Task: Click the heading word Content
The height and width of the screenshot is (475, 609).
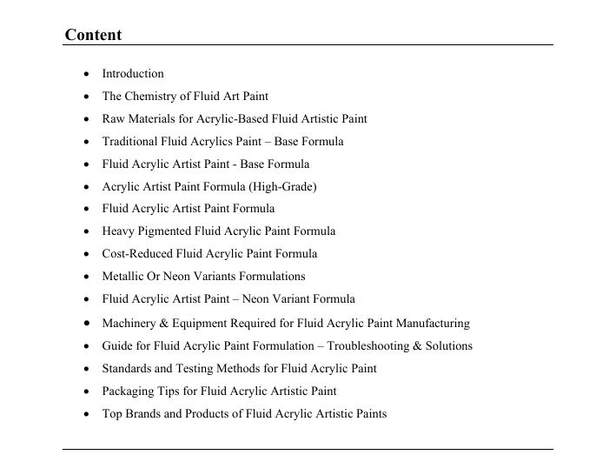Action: pos(93,36)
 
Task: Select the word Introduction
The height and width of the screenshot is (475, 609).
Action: pos(133,74)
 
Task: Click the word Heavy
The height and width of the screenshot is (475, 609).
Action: pos(118,231)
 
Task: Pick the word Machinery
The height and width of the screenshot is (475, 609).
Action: pos(129,324)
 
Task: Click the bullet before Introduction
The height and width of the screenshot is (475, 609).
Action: pos(87,74)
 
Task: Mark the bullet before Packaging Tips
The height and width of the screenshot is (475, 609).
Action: pos(87,391)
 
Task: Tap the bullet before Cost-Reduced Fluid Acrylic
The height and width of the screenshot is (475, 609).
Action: pos(87,254)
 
